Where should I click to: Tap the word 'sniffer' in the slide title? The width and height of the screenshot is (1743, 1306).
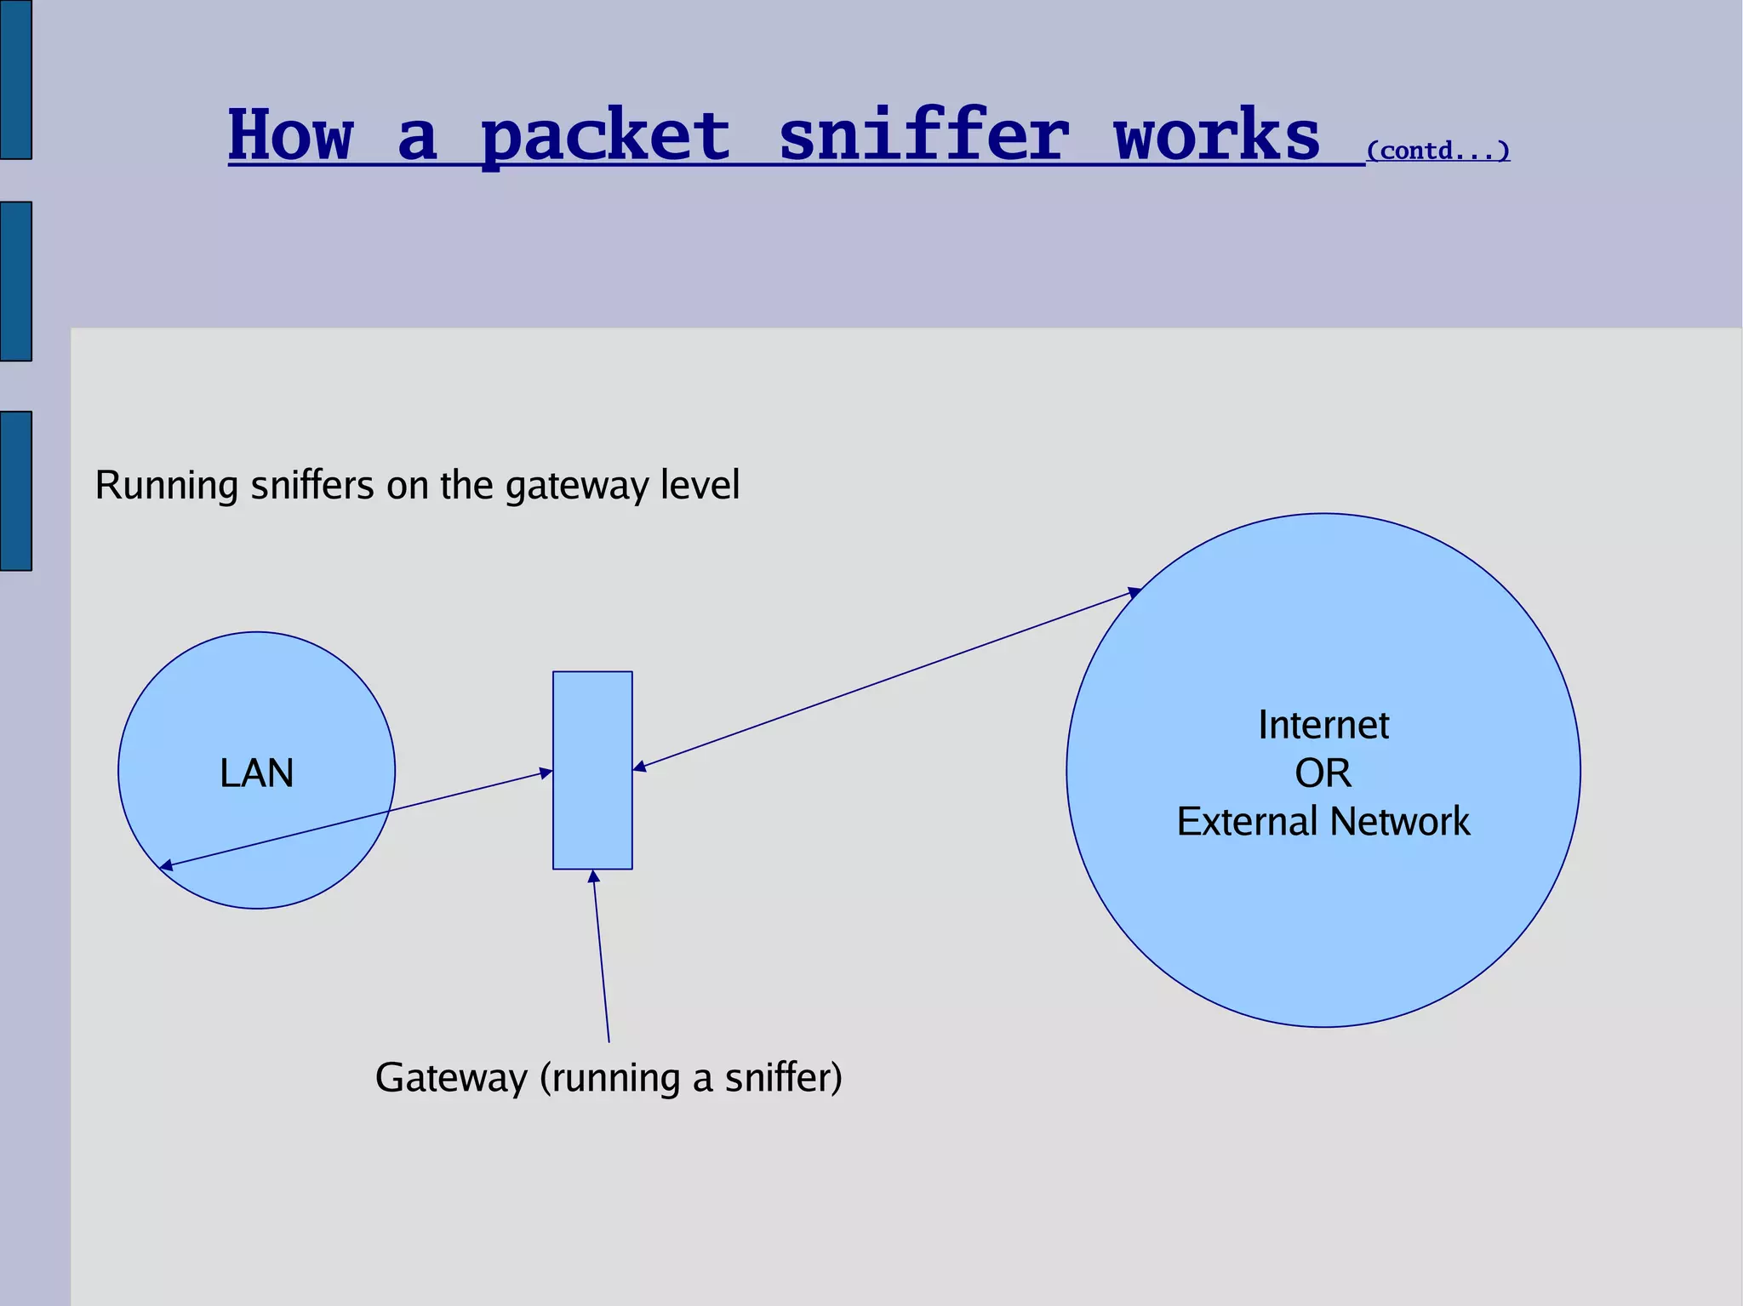(x=923, y=136)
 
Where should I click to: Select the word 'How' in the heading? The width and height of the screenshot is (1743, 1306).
(x=290, y=136)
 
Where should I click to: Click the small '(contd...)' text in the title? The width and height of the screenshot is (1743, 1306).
(x=1437, y=151)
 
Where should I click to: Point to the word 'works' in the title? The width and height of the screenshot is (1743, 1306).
(x=1217, y=136)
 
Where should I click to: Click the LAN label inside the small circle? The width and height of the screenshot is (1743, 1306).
(x=256, y=773)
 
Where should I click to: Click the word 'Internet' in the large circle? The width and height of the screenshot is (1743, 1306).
(x=1323, y=726)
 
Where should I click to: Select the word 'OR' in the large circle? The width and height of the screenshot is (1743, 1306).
(x=1323, y=773)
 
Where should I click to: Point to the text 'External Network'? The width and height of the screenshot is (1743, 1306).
(x=1323, y=822)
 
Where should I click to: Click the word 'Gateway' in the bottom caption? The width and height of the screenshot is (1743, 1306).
(x=451, y=1078)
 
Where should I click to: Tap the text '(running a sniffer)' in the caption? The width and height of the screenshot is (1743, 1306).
(x=691, y=1078)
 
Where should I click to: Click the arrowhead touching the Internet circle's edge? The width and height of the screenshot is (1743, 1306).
(x=1134, y=592)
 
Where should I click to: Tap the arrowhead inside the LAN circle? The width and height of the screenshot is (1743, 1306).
(x=167, y=866)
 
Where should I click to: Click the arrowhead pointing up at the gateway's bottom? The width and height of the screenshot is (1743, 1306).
(x=594, y=877)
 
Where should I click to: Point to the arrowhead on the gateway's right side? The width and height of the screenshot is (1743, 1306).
(x=640, y=767)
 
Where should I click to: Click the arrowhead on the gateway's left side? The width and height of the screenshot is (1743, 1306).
(x=546, y=773)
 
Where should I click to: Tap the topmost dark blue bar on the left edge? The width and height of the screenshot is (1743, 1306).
(x=15, y=79)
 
